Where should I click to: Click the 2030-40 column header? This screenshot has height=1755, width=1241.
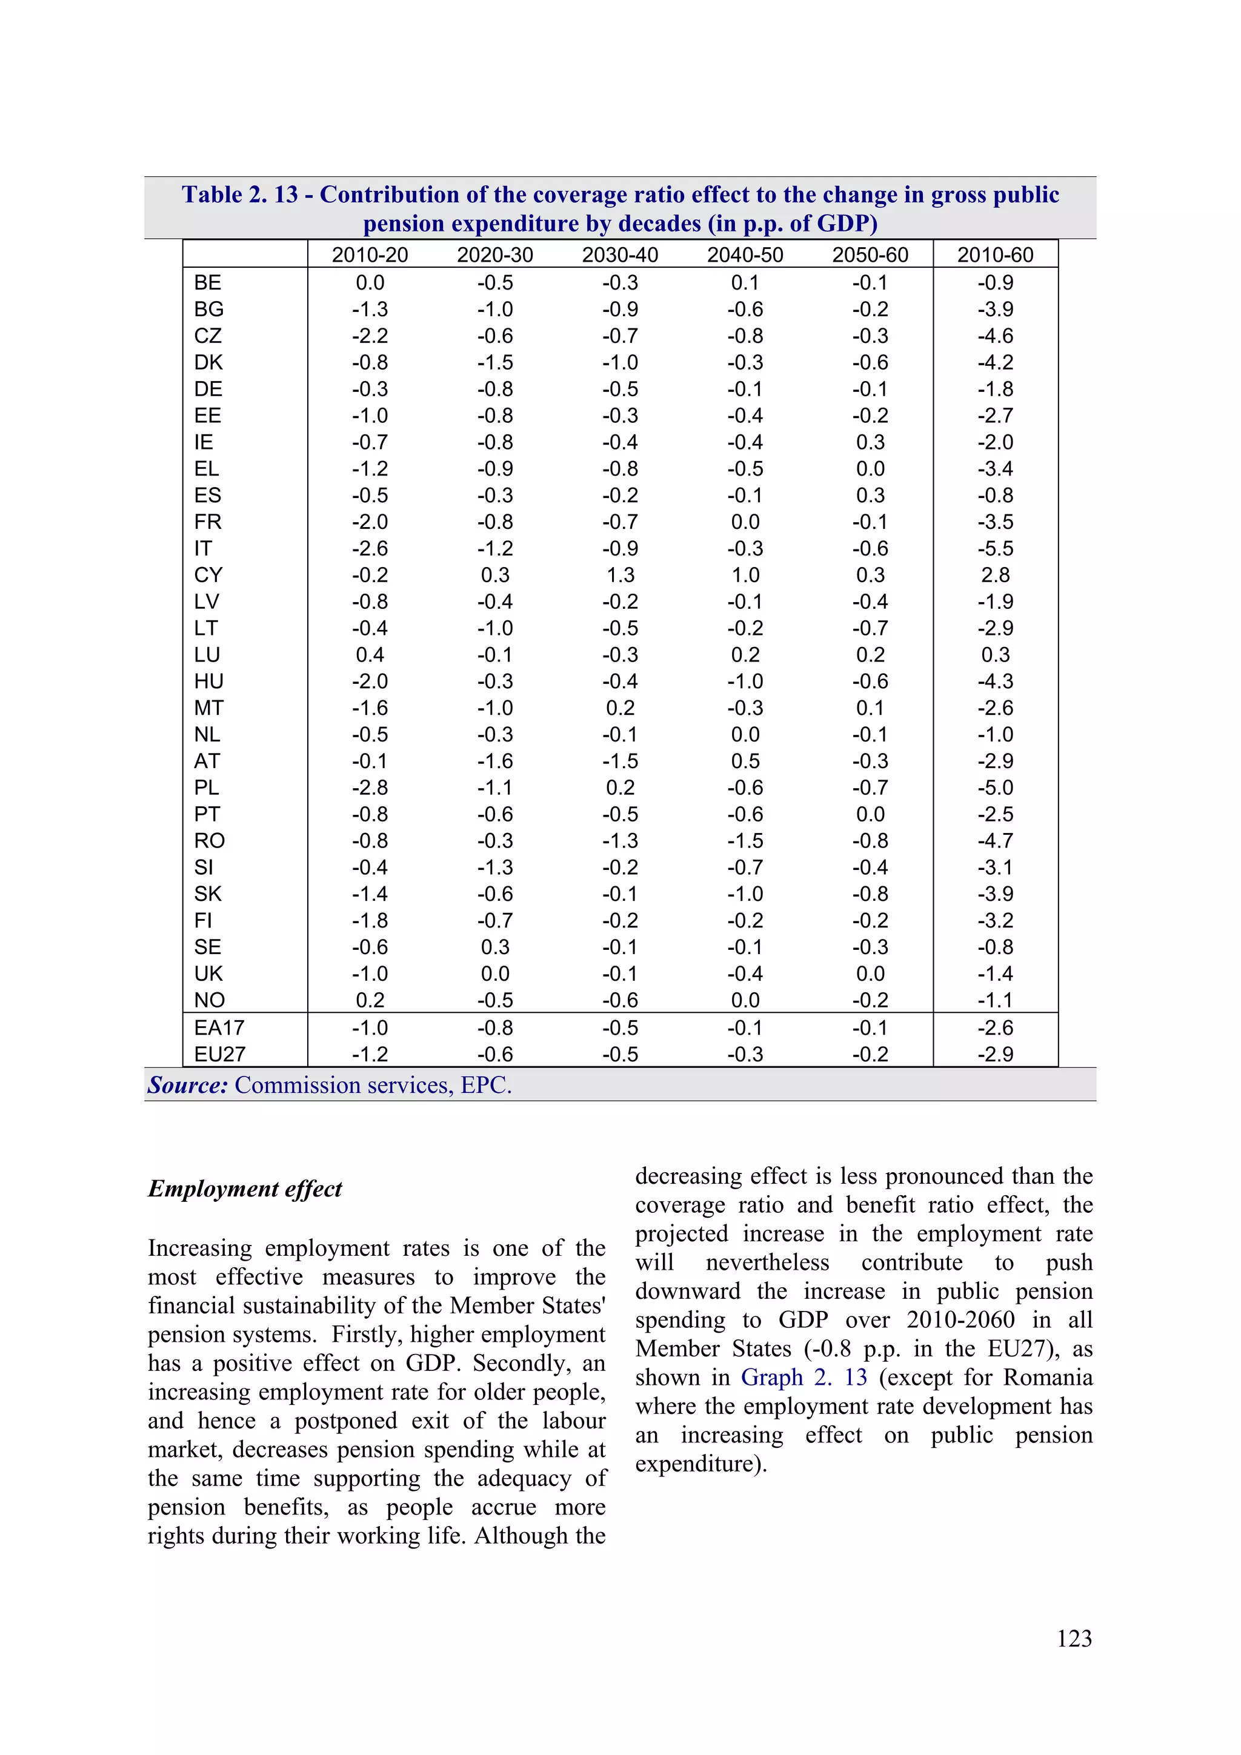pos(619,254)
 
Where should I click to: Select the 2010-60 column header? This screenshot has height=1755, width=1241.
pos(995,254)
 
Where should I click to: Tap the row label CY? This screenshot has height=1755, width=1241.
pos(208,575)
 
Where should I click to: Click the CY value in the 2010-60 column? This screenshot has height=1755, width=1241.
pos(995,575)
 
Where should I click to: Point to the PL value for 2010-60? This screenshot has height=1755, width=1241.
pos(995,788)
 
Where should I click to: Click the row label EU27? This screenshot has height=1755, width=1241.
pos(219,1054)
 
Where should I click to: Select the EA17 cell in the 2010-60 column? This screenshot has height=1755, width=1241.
pos(995,1027)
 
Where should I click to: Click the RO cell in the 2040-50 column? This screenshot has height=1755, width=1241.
pos(745,841)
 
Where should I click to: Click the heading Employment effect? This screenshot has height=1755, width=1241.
pos(245,1189)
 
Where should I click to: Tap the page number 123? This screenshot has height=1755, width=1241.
pos(1074,1638)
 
